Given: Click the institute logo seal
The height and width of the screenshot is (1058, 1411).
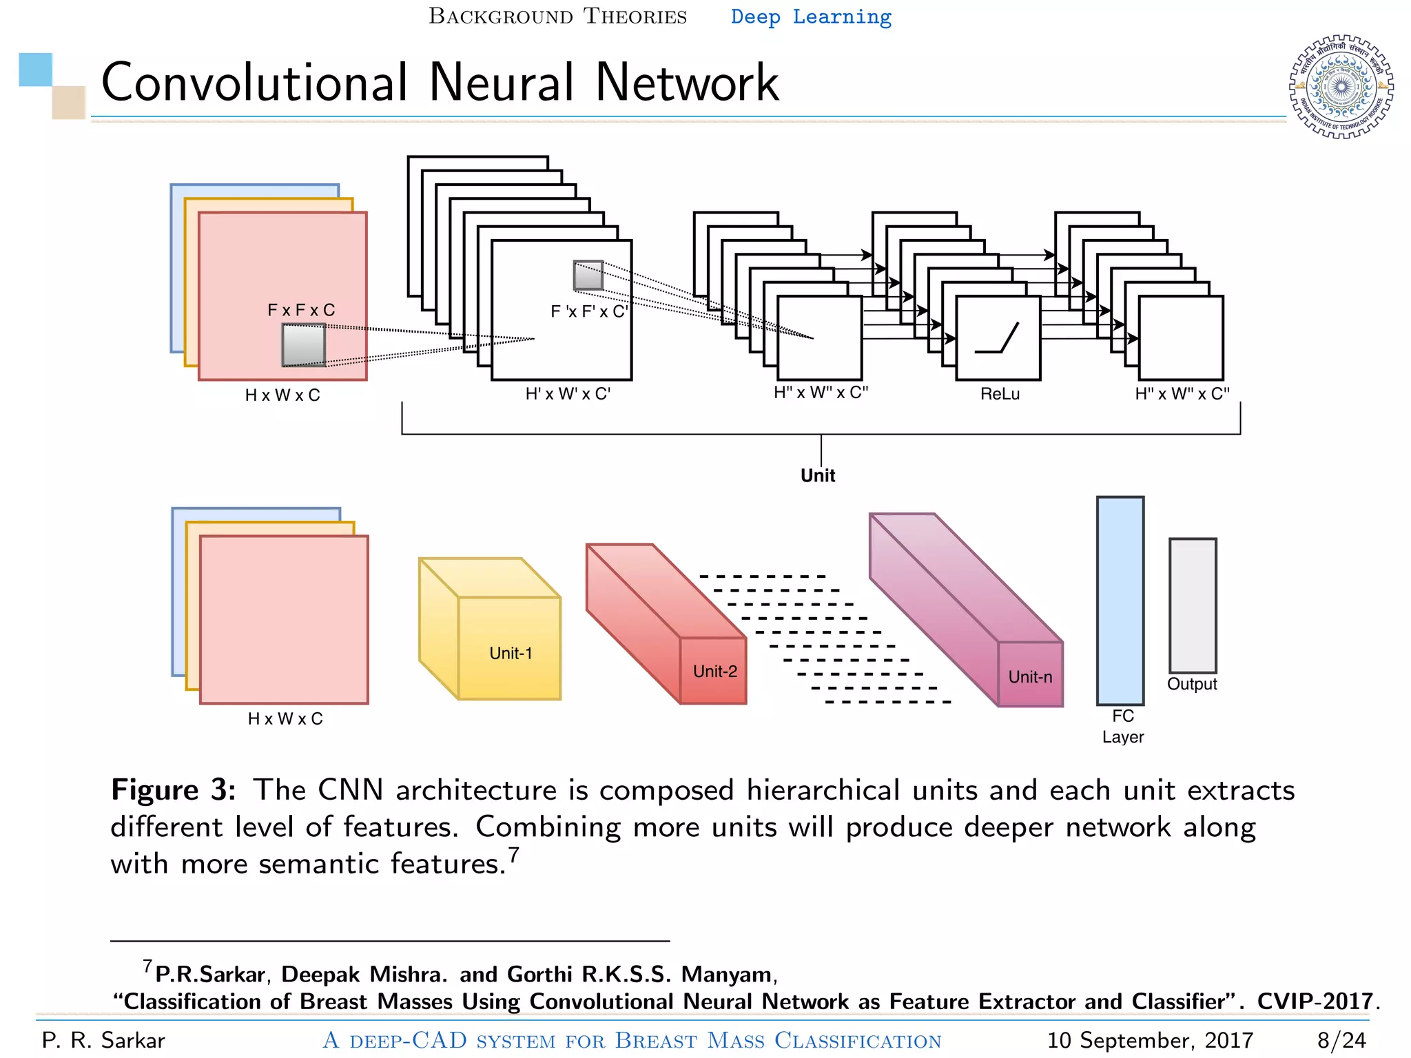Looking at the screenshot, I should (x=1341, y=87).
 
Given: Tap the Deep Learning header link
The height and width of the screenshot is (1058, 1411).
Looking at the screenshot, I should (x=811, y=17).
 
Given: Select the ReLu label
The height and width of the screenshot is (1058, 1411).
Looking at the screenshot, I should (x=1000, y=394).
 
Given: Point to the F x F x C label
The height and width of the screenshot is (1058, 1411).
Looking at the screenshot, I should (x=301, y=310).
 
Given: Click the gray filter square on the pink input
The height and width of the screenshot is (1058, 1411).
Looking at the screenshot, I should (x=304, y=345).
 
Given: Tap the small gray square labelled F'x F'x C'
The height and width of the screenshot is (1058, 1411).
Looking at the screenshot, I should (x=588, y=276).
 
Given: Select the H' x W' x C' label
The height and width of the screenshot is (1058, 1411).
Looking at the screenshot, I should (x=568, y=394).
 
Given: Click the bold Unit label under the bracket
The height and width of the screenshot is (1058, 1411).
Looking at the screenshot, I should (x=818, y=475).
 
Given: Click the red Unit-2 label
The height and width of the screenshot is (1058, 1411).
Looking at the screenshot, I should (x=714, y=671).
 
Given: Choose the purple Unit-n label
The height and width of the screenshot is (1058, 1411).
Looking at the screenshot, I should (x=1030, y=676).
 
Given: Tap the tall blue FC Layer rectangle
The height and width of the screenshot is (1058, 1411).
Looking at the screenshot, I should (x=1120, y=601).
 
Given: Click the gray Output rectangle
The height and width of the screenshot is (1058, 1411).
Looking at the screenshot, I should (x=1193, y=605).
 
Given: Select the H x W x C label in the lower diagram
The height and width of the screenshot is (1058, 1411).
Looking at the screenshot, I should (x=285, y=718).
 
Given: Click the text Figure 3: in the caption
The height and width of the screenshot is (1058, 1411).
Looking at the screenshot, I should (x=174, y=790).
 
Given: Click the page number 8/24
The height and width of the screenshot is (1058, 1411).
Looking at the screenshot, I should (x=1341, y=1040).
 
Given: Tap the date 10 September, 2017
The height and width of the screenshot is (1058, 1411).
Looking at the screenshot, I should (x=1149, y=1040).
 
